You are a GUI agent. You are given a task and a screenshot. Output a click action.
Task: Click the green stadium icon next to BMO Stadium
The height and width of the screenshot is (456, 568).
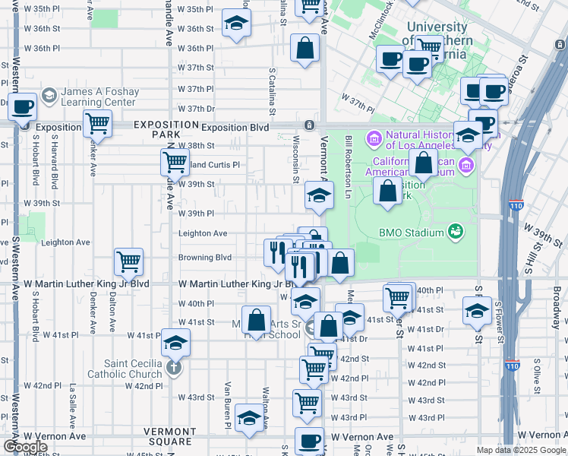point(455,231)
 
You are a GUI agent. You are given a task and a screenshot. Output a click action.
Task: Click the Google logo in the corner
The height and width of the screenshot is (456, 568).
point(25,447)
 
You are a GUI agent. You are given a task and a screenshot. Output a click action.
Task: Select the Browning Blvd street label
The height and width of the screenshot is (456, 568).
point(204,258)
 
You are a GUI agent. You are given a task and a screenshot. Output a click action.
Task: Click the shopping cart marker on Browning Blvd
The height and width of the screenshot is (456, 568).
point(128,261)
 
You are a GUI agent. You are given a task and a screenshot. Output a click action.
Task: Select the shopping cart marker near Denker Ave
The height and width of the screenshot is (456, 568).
point(97,122)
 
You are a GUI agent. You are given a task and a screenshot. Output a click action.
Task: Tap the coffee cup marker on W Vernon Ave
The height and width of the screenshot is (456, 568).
point(309,440)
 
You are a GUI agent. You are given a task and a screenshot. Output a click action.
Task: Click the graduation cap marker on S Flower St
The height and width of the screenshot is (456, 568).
point(477,310)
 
